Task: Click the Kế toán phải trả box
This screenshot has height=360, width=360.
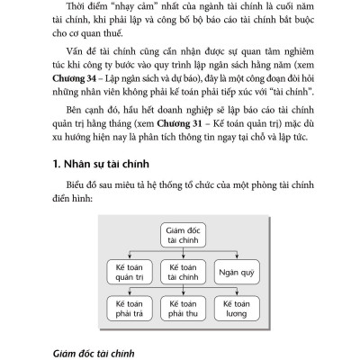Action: tap(130, 309)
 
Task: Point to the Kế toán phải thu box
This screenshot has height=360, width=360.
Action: tap(182, 309)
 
